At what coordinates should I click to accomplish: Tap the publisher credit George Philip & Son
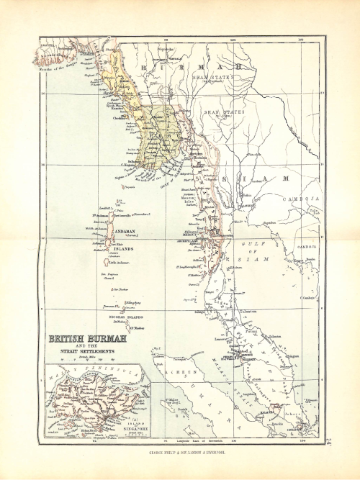pos(181,452)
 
